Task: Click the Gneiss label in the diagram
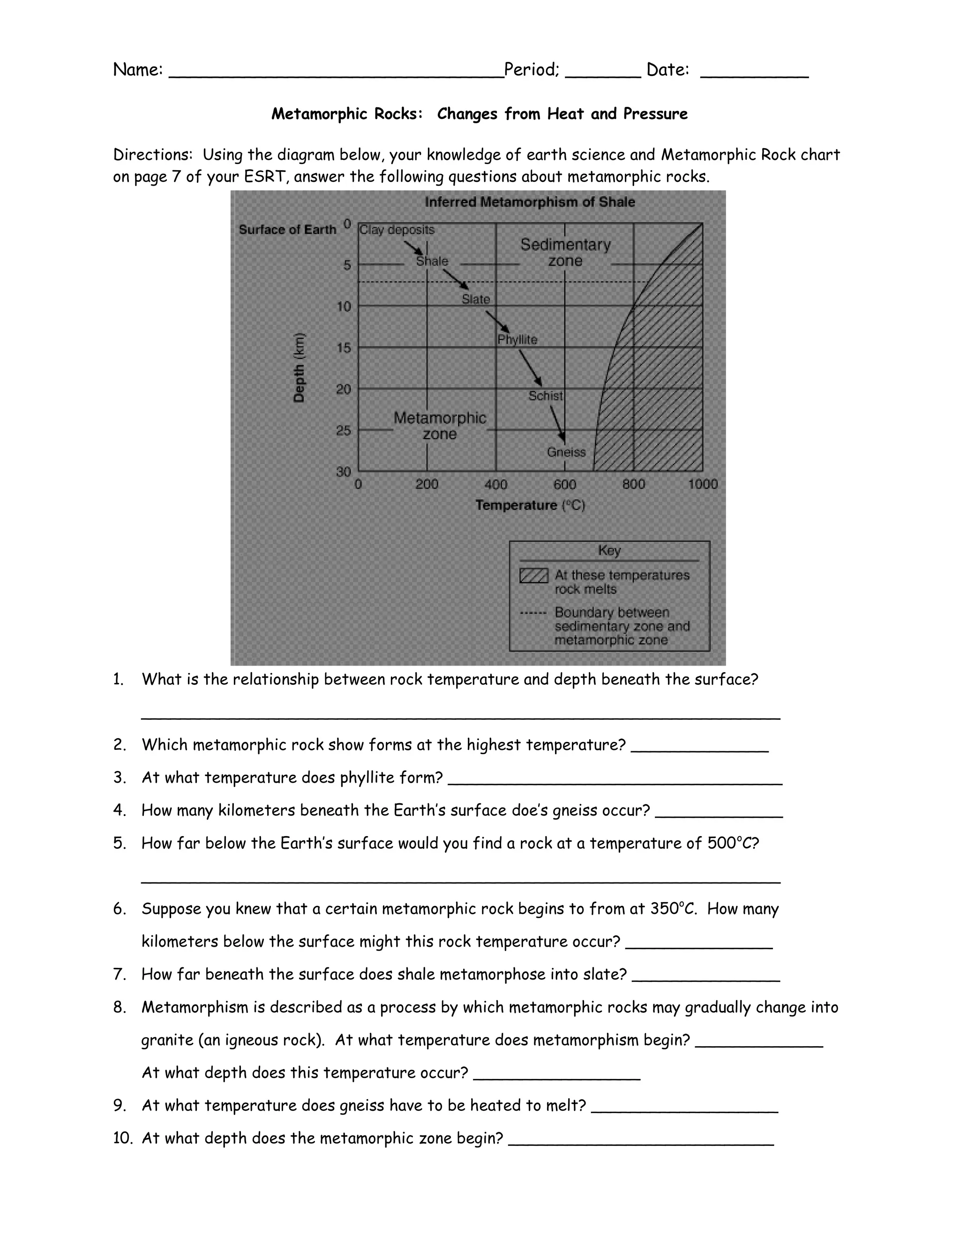566,452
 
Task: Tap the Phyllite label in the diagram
517,339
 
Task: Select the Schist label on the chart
545,396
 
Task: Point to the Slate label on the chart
475,299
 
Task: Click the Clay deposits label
397,230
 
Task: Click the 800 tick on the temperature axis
633,484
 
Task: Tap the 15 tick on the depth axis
344,347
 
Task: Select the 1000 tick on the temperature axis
702,484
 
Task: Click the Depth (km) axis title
299,367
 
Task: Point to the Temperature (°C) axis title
530,505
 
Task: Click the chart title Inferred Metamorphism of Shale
530,202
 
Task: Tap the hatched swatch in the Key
533,576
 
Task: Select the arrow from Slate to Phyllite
498,323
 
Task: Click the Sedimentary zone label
565,253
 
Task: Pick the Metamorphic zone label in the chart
440,426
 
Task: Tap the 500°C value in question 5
730,843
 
